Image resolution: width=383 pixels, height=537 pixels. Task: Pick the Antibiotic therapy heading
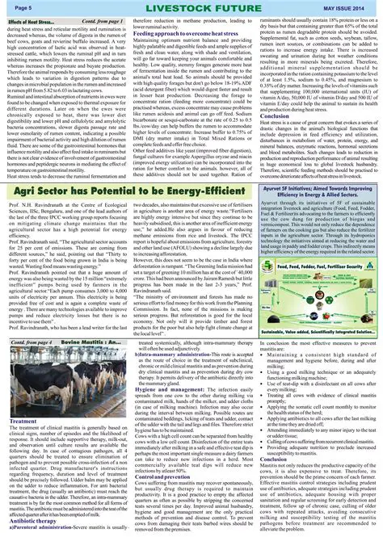coord(32,520)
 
